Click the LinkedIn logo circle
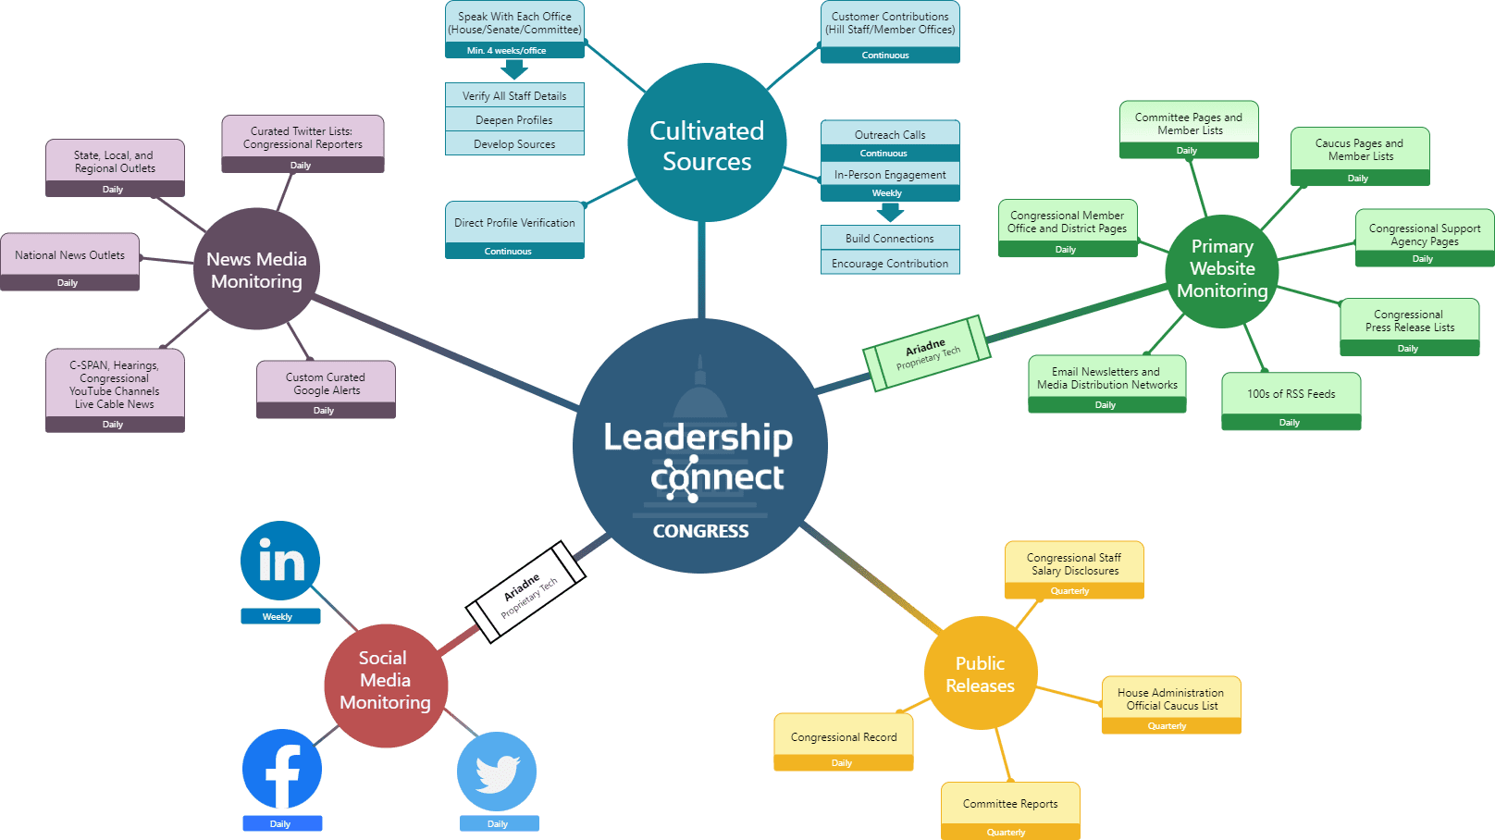[x=280, y=561]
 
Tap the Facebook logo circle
[x=282, y=770]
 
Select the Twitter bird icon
[x=497, y=772]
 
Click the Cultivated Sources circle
[x=707, y=143]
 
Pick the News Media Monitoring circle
[x=256, y=269]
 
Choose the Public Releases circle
[x=981, y=673]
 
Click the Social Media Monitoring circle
[x=385, y=686]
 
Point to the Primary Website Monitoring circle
[x=1222, y=270]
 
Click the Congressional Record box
[x=844, y=737]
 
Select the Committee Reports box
[x=1010, y=804]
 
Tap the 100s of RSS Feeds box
[x=1291, y=394]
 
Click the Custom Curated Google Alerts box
[x=326, y=384]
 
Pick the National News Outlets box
[x=70, y=255]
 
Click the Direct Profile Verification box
[x=514, y=223]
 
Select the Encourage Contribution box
[x=890, y=264]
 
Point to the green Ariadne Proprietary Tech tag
[x=926, y=353]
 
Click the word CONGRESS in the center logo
[x=700, y=531]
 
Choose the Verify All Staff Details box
[x=514, y=95]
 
